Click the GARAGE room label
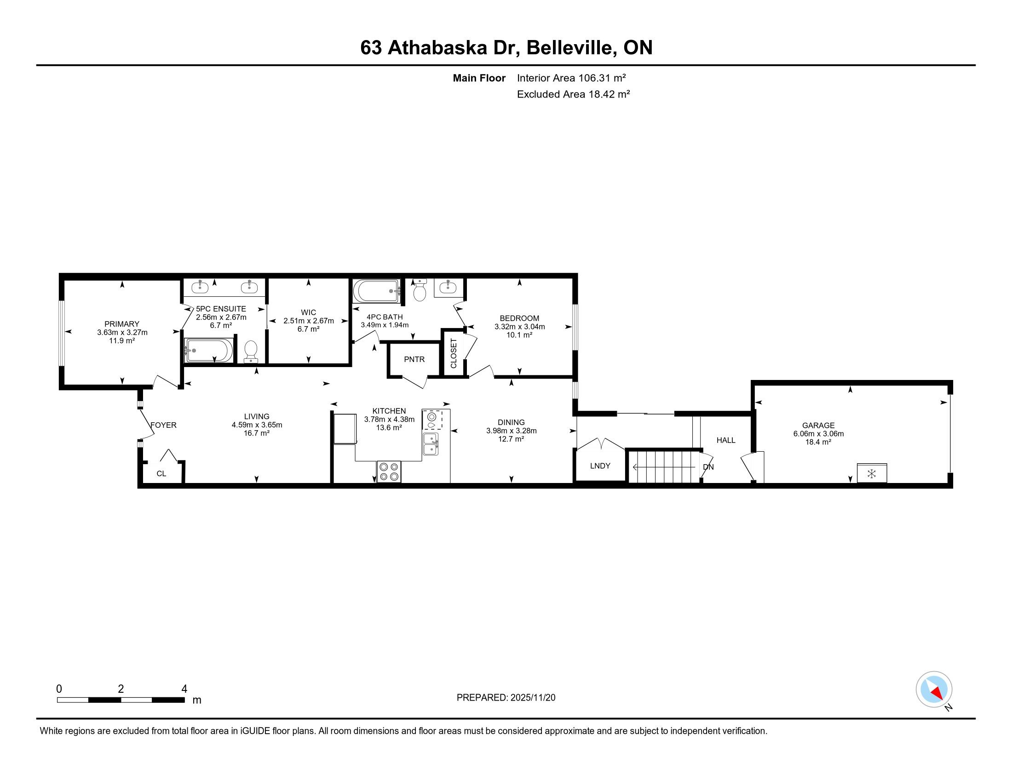(x=818, y=425)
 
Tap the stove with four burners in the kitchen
(x=389, y=471)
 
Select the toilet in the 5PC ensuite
(x=251, y=351)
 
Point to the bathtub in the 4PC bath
(x=376, y=290)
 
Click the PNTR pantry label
(x=414, y=359)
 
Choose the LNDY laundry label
(x=600, y=466)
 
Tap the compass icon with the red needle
(x=934, y=690)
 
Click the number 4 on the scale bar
(x=184, y=689)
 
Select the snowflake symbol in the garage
(x=872, y=473)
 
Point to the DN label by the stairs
(x=708, y=467)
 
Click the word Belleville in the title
(x=571, y=48)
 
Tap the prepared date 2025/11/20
(x=532, y=698)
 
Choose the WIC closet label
(x=308, y=313)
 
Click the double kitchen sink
(x=431, y=444)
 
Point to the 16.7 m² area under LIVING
(x=257, y=433)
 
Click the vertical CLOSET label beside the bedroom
(x=454, y=353)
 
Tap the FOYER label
(x=164, y=425)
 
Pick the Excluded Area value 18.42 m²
(x=609, y=94)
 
